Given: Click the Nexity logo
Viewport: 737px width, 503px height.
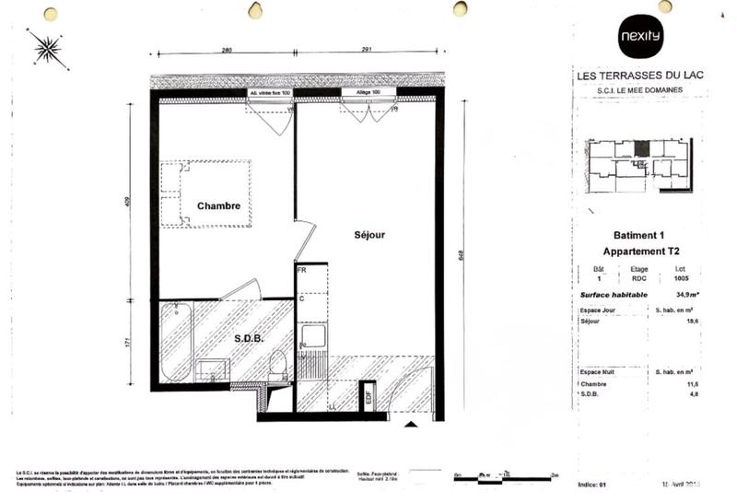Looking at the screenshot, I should (639, 38).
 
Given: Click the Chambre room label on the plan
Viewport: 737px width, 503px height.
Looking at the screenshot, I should (219, 206).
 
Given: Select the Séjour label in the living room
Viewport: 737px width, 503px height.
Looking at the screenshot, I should (369, 235).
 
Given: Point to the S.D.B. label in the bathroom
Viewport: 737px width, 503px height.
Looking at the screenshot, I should (248, 338).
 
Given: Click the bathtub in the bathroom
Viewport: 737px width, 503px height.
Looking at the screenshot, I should (174, 342).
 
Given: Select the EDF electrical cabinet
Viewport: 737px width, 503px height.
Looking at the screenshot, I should (368, 397).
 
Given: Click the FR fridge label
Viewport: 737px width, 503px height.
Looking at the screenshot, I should (301, 270).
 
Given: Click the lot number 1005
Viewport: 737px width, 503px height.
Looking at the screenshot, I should (681, 277).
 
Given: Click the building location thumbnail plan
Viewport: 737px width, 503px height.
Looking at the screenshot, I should (639, 166).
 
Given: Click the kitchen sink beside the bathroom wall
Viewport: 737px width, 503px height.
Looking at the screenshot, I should (313, 336).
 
